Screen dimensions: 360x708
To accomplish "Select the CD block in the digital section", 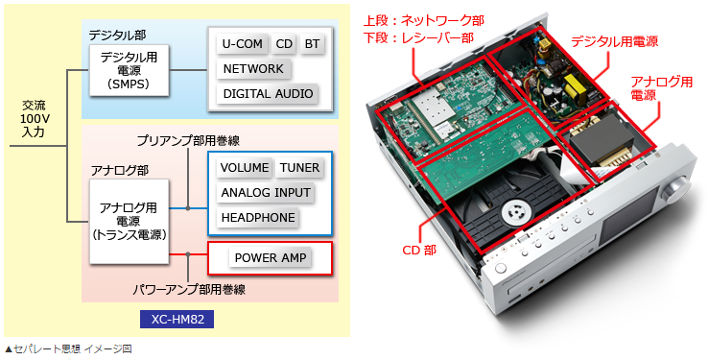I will tap(284, 44).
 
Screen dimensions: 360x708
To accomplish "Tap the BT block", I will tap(313, 44).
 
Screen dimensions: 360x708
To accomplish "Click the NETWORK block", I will tap(253, 69).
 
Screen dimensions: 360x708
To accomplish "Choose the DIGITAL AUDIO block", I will tap(268, 94).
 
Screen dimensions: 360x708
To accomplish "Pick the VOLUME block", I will tap(244, 167).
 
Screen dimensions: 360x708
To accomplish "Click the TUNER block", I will tap(299, 167).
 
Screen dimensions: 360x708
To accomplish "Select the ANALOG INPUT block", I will tap(266, 192).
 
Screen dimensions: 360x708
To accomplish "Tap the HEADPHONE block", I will tap(258, 218).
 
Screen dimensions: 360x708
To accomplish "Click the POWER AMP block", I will tap(270, 257).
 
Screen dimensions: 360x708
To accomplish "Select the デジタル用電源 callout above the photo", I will tap(614, 43).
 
